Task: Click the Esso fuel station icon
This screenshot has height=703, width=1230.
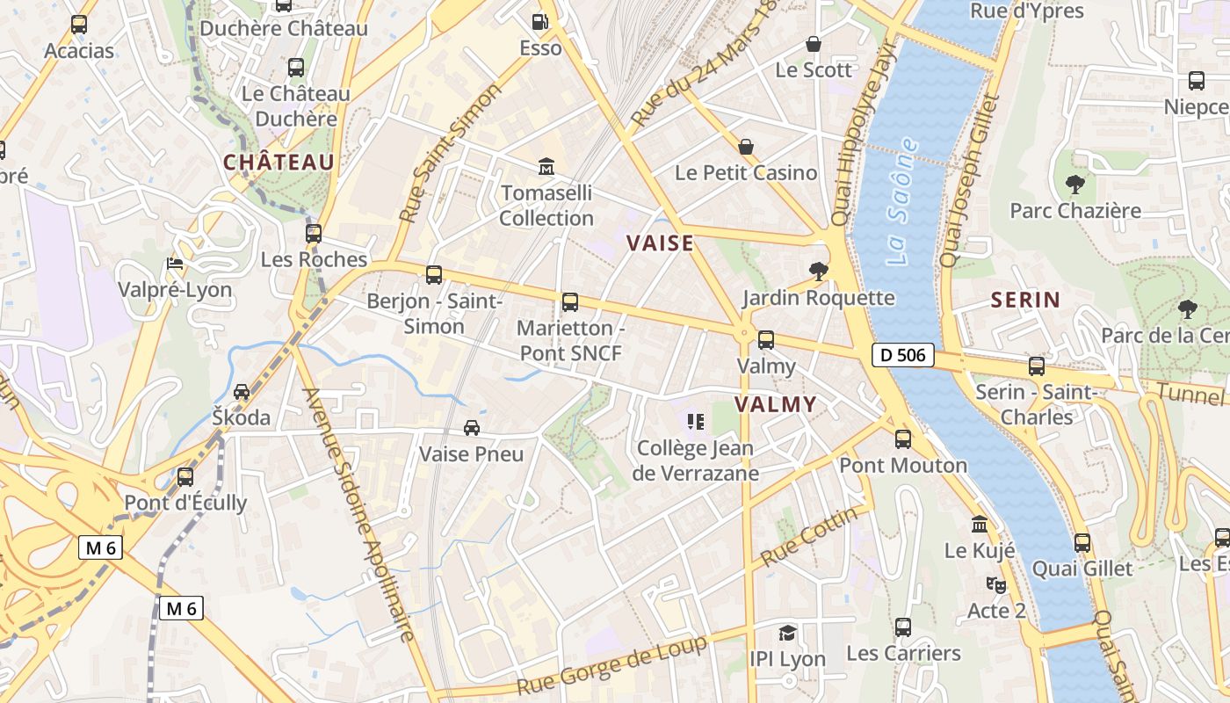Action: pos(539,21)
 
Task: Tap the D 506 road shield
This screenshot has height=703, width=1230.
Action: pos(902,355)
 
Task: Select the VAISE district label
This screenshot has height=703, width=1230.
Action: pos(660,243)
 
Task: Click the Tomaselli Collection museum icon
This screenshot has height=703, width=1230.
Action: pos(546,166)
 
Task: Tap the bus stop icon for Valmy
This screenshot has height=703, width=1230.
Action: pos(766,340)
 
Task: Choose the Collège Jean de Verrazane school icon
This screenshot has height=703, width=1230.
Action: pos(696,423)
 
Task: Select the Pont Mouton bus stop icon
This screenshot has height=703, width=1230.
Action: pos(903,439)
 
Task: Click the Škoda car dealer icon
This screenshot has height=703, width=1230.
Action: pos(242,392)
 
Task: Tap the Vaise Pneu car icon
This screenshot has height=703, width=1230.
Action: pos(472,428)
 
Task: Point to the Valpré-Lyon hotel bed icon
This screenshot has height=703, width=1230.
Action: pos(175,264)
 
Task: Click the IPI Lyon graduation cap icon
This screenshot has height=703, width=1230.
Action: pos(787,633)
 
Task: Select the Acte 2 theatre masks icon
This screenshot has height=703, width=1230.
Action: pos(996,584)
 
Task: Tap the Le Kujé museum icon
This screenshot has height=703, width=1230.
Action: pos(980,525)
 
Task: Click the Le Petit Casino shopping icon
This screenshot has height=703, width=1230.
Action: pos(746,146)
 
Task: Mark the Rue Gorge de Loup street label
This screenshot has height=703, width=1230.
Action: pos(611,666)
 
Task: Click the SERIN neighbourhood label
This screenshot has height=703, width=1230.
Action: pos(1025,300)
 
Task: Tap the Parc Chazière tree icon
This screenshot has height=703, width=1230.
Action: pos(1074,185)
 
